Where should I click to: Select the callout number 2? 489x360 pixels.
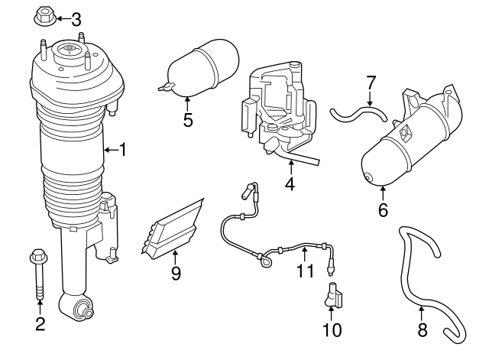(40, 323)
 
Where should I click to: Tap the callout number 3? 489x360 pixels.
(76, 18)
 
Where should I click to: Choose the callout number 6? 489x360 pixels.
(383, 208)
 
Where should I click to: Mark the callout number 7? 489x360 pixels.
(371, 82)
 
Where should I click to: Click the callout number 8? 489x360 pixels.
(421, 331)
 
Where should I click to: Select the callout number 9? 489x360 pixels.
(176, 273)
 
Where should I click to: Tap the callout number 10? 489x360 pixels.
(333, 330)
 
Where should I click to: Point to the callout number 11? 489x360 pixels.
(306, 271)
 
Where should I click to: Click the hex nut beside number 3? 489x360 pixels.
(44, 16)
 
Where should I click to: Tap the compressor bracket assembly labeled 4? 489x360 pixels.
(279, 111)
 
